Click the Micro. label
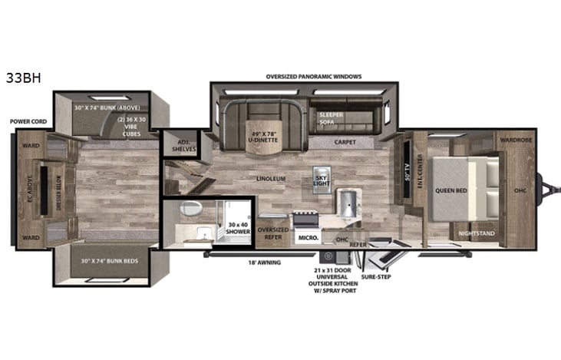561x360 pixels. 309,237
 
